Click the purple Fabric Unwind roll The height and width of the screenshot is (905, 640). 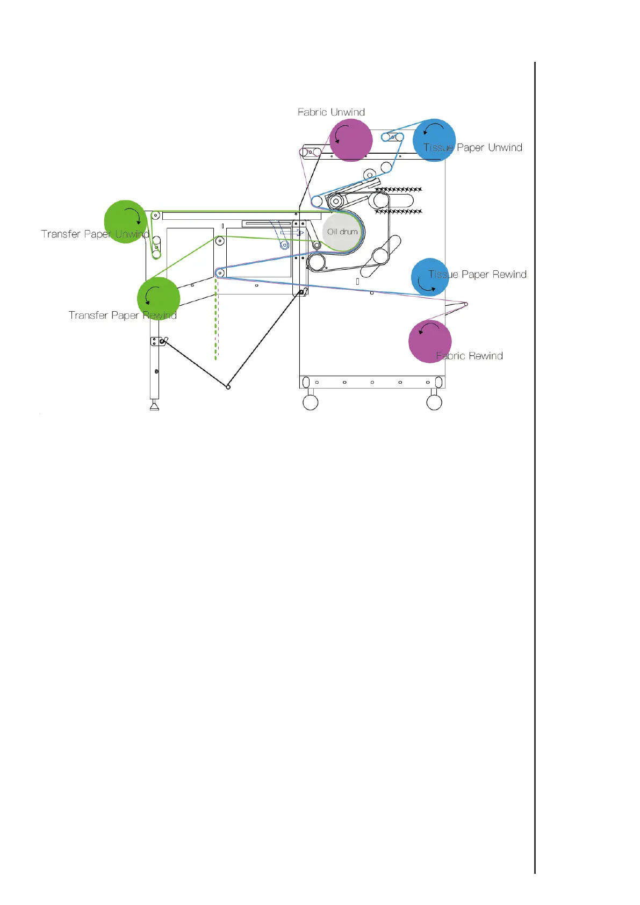pyautogui.click(x=351, y=140)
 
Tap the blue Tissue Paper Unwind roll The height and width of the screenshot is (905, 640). pyautogui.click(x=434, y=140)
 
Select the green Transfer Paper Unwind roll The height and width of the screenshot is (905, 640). pyautogui.click(x=125, y=221)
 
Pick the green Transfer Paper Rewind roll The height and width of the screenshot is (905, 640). pyautogui.click(x=159, y=298)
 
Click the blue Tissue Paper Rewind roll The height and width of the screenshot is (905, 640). pyautogui.click(x=430, y=277)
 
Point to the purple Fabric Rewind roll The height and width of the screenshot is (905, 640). pyautogui.click(x=430, y=341)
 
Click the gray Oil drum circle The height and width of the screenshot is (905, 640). pyautogui.click(x=342, y=232)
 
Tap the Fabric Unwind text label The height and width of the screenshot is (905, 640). pyautogui.click(x=331, y=112)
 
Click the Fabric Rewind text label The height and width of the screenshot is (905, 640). pyautogui.click(x=470, y=356)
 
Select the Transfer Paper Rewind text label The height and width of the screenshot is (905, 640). pyautogui.click(x=123, y=315)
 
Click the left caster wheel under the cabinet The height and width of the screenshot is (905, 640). pyautogui.click(x=311, y=402)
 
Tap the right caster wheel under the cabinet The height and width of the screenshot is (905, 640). pyautogui.click(x=434, y=402)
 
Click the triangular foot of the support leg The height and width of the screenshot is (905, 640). pyautogui.click(x=154, y=406)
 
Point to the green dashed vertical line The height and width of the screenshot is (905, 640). pyautogui.click(x=216, y=322)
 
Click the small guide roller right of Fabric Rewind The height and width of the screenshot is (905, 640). pyautogui.click(x=466, y=304)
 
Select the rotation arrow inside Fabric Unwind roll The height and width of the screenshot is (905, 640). pyautogui.click(x=341, y=131)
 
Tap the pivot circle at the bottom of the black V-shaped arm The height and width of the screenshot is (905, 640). pyautogui.click(x=228, y=387)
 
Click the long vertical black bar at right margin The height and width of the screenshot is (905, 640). pyautogui.click(x=535, y=468)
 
